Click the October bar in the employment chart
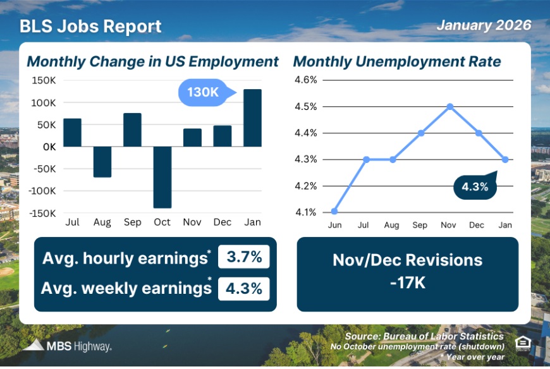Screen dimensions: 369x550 point(162,177)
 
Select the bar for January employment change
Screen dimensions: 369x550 point(252,118)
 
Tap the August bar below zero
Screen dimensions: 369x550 point(102,162)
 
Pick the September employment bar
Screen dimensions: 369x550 point(132,130)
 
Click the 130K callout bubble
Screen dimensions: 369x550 point(204,92)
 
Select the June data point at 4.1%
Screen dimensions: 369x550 point(334,211)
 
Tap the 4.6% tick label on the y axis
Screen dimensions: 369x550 point(305,80)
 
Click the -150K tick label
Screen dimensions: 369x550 point(44,213)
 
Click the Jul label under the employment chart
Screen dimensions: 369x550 point(72,222)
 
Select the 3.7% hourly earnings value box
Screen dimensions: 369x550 point(244,258)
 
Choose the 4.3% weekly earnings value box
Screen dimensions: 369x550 point(244,288)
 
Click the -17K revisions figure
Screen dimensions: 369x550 point(407,282)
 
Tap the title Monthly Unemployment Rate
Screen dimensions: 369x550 point(397,62)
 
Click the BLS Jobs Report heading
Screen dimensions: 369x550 point(90,27)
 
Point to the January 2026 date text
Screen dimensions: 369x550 point(484,26)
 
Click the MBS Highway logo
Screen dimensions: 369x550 point(67,346)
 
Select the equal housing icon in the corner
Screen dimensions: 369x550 point(522,343)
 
